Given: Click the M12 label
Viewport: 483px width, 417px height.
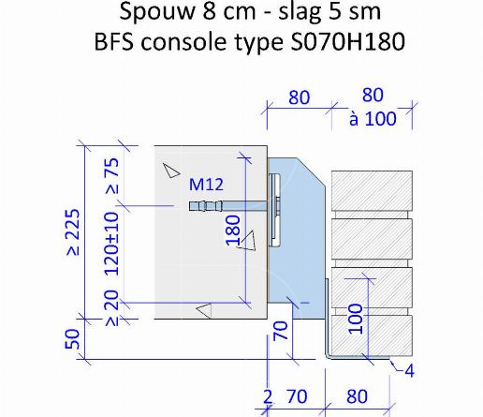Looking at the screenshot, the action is [206, 185].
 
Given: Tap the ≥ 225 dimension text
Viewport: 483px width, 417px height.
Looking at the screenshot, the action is [73, 232].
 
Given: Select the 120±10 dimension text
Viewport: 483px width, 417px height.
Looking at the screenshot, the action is [111, 244].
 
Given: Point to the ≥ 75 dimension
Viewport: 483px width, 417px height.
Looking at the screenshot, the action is [112, 176].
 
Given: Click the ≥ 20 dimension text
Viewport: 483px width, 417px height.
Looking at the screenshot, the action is [112, 308].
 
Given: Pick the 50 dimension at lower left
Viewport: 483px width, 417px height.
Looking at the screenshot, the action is [72, 339].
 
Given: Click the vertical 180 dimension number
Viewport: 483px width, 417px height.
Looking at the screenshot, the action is [233, 231].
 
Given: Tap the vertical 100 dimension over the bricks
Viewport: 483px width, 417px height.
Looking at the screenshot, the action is [356, 319].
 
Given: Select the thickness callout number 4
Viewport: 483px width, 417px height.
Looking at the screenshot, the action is [410, 371].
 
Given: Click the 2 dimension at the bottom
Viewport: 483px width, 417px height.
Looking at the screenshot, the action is [268, 397].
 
